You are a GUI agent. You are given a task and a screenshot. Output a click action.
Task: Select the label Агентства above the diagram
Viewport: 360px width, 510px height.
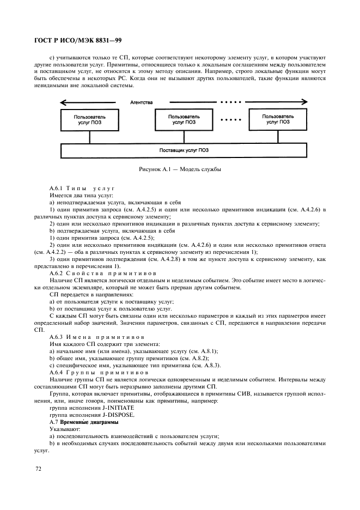(x=142, y=102)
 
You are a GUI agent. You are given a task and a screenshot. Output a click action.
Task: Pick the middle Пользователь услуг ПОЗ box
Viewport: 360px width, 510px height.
(x=184, y=119)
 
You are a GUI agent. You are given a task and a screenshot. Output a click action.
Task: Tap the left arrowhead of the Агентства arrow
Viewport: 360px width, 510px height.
(x=64, y=102)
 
